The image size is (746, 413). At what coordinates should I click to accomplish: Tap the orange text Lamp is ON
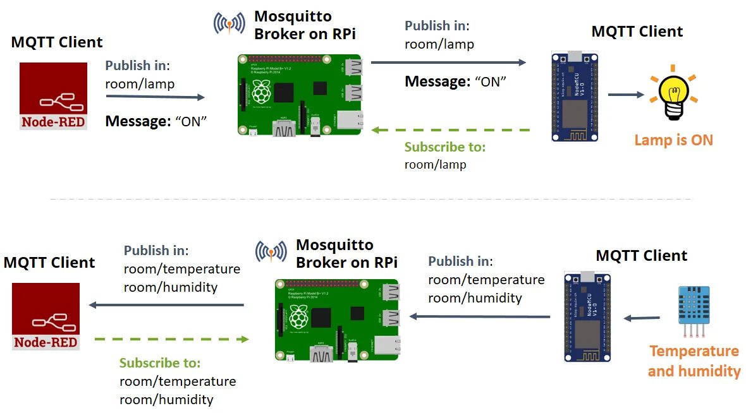[673, 140]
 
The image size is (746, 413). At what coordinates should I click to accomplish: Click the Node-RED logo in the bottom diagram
[46, 316]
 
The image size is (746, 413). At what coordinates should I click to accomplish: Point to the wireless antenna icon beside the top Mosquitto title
[229, 23]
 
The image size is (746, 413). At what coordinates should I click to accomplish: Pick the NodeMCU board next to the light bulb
[574, 97]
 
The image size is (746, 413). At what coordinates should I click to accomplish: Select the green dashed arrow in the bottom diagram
[170, 340]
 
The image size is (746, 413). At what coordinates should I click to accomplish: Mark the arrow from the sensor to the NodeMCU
[642, 318]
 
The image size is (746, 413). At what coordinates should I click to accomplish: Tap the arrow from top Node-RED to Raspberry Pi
[156, 97]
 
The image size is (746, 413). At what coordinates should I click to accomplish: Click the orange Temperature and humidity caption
[694, 361]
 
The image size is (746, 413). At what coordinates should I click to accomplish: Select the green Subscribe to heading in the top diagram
[445, 147]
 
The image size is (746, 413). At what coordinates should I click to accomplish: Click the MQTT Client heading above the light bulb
[637, 32]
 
